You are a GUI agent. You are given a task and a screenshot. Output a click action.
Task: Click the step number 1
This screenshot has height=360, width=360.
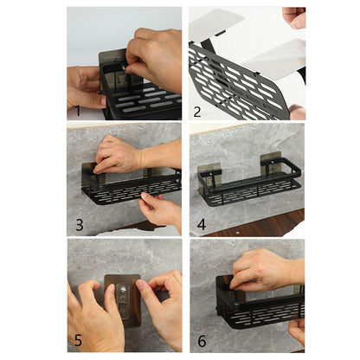(78, 112)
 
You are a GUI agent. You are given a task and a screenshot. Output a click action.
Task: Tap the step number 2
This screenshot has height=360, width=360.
(198, 112)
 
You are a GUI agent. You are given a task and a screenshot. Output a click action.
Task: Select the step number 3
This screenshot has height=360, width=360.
(80, 226)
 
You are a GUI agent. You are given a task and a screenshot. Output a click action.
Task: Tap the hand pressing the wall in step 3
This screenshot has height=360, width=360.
(117, 156)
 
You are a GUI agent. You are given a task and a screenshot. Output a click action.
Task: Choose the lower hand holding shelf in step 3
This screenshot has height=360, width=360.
(160, 210)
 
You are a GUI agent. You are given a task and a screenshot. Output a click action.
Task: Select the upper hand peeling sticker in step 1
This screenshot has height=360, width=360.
(156, 56)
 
